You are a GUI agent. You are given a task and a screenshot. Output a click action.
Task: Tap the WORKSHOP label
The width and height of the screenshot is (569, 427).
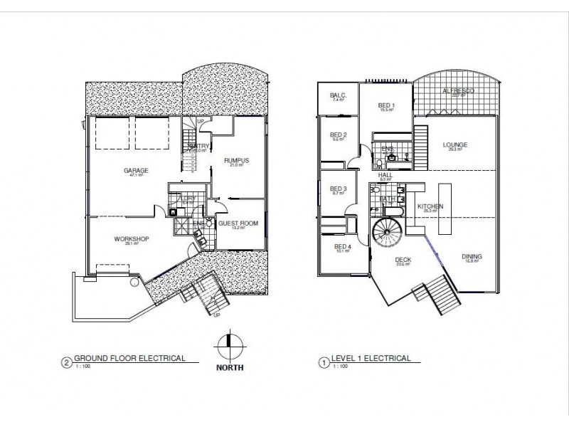[x=131, y=239]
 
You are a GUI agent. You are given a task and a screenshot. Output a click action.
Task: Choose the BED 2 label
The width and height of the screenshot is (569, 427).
[x=339, y=135]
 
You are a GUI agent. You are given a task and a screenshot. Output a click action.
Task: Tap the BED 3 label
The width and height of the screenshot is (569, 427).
[x=339, y=189]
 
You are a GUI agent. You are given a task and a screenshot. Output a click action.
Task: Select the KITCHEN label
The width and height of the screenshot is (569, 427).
[x=431, y=206]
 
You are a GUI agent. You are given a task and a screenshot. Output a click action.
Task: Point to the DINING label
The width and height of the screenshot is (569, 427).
[x=470, y=258]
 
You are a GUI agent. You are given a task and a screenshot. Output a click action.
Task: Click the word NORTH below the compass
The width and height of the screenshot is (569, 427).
[x=229, y=368]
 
